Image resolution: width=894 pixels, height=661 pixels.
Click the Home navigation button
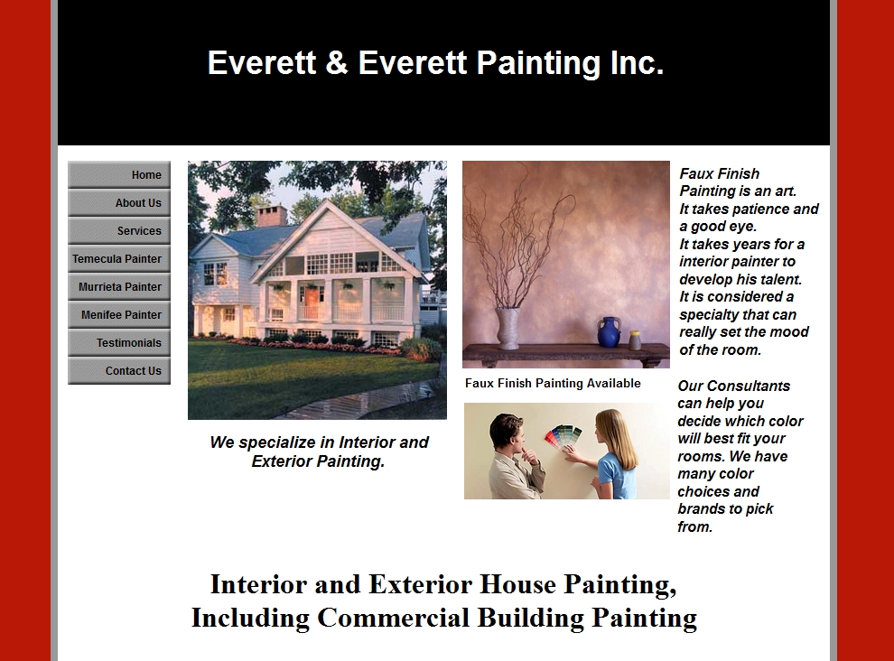click(x=119, y=174)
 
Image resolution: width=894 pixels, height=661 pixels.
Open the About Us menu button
click(x=119, y=202)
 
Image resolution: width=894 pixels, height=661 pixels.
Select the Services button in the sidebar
click(x=119, y=230)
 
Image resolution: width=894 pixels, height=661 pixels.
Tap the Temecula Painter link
click(x=119, y=258)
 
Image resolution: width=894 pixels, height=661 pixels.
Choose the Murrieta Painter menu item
click(x=119, y=286)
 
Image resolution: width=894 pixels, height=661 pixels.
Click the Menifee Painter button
click(x=119, y=314)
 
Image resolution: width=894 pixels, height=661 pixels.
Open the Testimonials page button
click(x=119, y=342)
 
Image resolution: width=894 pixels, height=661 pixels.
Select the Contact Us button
click(x=119, y=370)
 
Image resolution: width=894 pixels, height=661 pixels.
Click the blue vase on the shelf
click(x=609, y=332)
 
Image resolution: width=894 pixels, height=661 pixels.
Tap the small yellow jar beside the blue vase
click(x=635, y=340)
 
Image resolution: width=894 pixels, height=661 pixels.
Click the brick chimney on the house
click(x=272, y=216)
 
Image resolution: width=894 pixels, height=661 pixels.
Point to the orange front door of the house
click(x=312, y=303)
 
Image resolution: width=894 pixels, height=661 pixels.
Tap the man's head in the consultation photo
click(x=507, y=433)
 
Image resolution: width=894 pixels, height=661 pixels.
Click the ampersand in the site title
click(x=337, y=62)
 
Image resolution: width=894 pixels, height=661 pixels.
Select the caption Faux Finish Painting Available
click(x=553, y=383)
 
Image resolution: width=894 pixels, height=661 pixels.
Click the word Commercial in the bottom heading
click(x=393, y=618)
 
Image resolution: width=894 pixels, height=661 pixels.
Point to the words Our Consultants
click(x=734, y=386)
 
